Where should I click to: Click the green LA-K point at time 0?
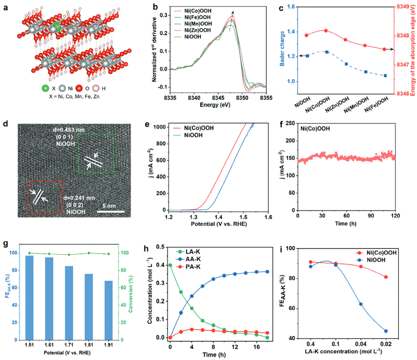[x=170, y=265]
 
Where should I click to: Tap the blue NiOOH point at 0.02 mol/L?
[x=385, y=331]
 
